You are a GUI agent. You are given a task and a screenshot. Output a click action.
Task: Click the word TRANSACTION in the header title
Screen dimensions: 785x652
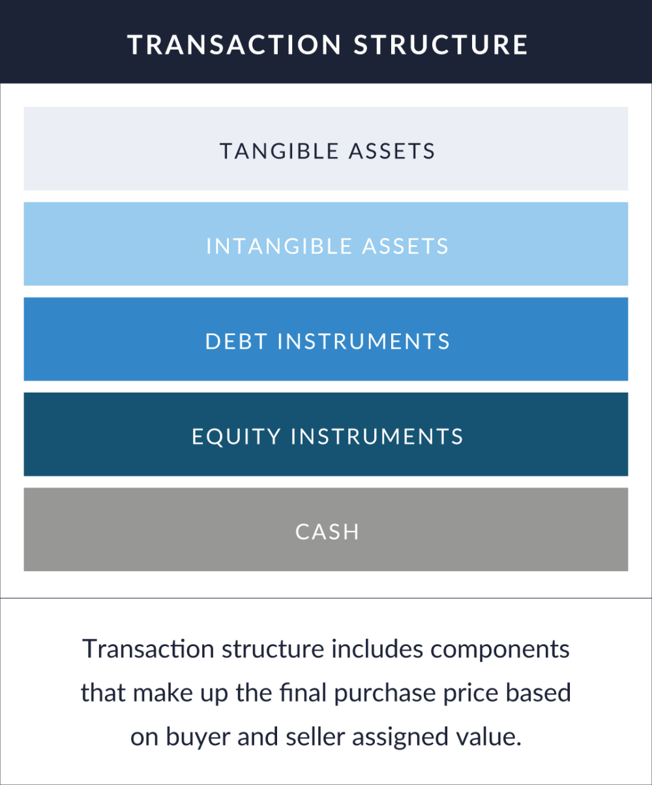point(234,44)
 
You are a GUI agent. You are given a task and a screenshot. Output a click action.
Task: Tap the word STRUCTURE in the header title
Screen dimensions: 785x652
point(441,44)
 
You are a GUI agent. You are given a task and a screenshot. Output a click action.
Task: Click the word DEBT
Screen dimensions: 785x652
point(236,341)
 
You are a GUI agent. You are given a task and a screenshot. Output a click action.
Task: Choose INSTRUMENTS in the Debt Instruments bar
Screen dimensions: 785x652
point(364,341)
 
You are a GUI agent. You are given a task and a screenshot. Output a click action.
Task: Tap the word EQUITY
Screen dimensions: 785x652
point(235,436)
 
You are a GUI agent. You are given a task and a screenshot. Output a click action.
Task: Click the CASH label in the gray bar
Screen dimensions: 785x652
point(327,531)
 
